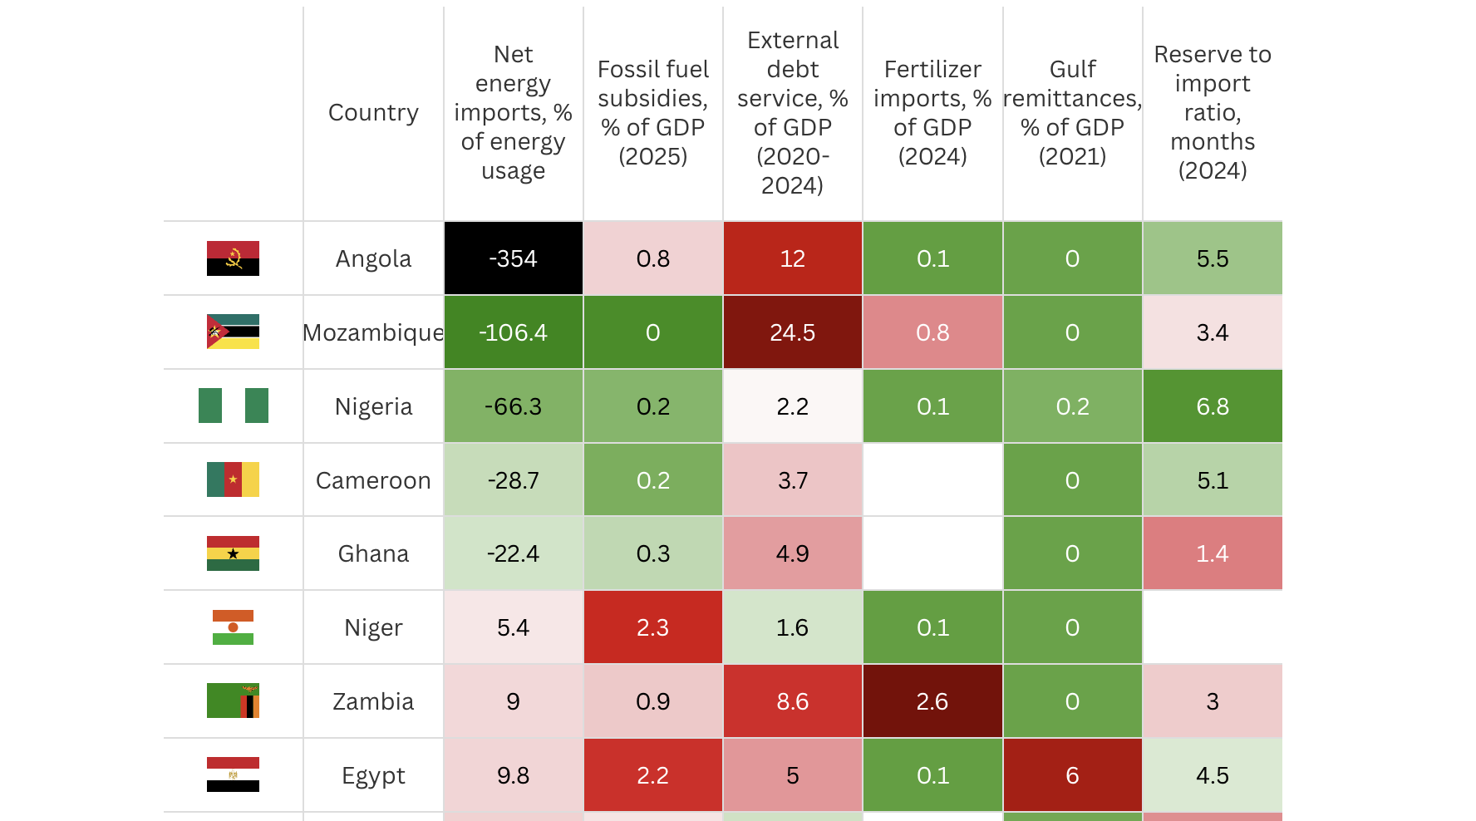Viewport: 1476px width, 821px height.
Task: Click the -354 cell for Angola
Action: click(x=513, y=258)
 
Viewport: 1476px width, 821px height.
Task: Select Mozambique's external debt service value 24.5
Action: click(x=792, y=332)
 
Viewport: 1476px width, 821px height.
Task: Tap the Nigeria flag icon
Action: click(x=234, y=406)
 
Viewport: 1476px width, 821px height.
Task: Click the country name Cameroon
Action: click(x=373, y=480)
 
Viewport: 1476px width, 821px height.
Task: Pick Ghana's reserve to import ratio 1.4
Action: click(x=1212, y=553)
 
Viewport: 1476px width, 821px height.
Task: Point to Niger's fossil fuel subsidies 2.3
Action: click(x=652, y=627)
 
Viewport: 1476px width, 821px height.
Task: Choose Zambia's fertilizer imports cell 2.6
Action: click(x=932, y=701)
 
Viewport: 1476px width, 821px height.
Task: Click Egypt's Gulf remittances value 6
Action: click(x=1072, y=775)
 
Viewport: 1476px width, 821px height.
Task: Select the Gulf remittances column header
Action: click(x=1072, y=113)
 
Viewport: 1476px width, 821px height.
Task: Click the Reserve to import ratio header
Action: click(x=1212, y=113)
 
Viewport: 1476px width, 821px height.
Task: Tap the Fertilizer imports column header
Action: click(x=932, y=113)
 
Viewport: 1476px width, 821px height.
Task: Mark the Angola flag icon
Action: click(x=234, y=258)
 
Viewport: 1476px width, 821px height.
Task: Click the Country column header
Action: click(x=373, y=113)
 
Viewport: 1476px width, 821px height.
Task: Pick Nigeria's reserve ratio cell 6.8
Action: click(x=1212, y=406)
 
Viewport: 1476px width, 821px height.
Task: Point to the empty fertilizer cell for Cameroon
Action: click(x=932, y=480)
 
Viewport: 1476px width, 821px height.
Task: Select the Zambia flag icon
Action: click(x=234, y=701)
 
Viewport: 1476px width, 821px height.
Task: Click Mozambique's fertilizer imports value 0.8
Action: click(x=932, y=332)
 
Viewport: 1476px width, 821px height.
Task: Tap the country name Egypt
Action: click(x=373, y=775)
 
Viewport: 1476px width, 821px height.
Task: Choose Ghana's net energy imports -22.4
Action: click(x=513, y=553)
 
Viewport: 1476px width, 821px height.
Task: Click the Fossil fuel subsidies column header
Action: click(x=652, y=113)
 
